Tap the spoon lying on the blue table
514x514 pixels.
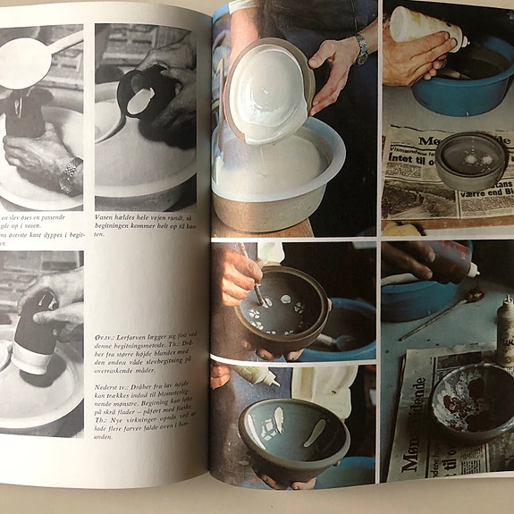click(438, 315)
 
